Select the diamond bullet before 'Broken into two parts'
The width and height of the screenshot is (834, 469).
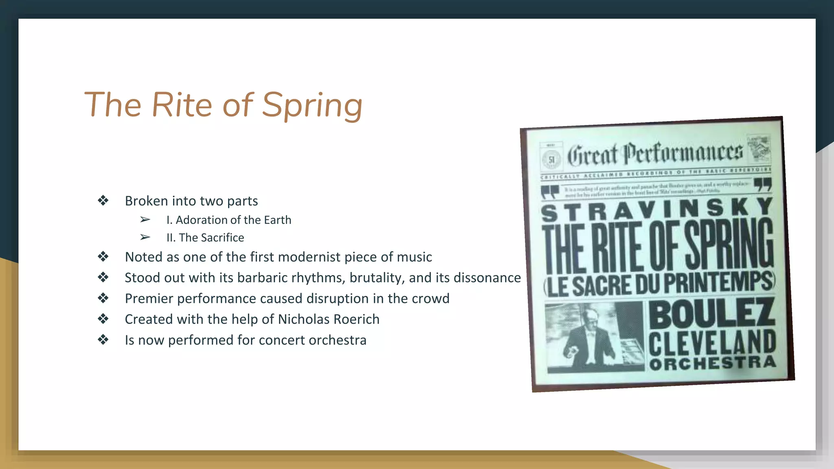point(103,200)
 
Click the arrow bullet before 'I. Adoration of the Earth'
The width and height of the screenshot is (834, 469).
point(145,220)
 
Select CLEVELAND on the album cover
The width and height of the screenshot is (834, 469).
point(712,343)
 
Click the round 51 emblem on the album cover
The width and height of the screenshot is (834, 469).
point(551,160)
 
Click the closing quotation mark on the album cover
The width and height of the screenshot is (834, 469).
point(763,184)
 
